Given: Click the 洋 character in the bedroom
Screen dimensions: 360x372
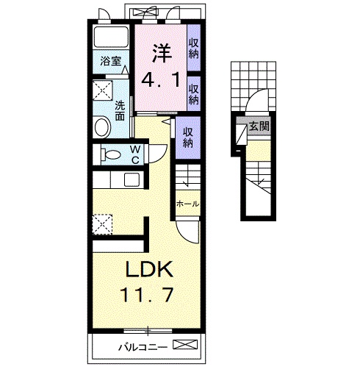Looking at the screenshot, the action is tap(162, 53).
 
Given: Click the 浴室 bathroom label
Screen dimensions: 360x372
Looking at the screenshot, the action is tap(111, 61).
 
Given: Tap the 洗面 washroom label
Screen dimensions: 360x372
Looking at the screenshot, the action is tap(120, 111).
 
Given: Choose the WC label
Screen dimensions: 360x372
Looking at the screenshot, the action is tap(135, 154).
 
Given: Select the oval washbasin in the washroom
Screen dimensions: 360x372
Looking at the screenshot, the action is tap(103, 128).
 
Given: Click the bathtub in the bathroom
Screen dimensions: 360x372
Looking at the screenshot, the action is tap(112, 37).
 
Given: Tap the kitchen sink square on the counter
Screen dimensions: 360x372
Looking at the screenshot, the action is tap(132, 179).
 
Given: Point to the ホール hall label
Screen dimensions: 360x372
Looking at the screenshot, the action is tap(187, 204).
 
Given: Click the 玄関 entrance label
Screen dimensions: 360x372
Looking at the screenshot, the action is tap(259, 126).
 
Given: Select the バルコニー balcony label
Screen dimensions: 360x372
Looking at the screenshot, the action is tap(143, 347).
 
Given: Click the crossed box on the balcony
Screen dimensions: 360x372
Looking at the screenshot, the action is tap(185, 344).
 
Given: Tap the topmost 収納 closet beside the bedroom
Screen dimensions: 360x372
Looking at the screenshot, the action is tap(193, 49).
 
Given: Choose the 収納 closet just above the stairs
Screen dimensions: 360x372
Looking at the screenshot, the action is tap(188, 137).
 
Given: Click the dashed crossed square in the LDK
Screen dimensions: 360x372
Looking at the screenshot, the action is tap(102, 224).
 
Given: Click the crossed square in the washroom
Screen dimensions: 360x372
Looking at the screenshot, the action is tap(103, 90).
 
